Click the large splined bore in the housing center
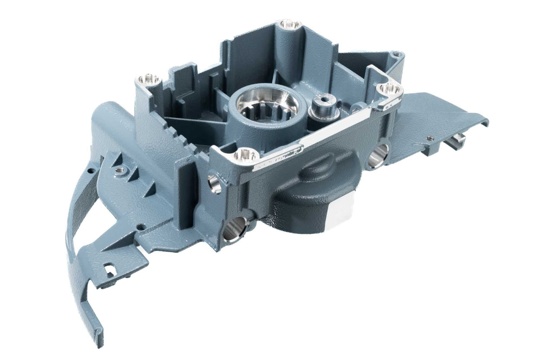click(267, 106)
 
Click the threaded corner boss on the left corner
click(148, 80)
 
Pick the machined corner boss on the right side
click(389, 89)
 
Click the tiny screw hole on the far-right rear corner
click(396, 56)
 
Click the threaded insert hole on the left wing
click(119, 169)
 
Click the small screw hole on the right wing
click(429, 138)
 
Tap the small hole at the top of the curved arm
click(91, 171)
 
